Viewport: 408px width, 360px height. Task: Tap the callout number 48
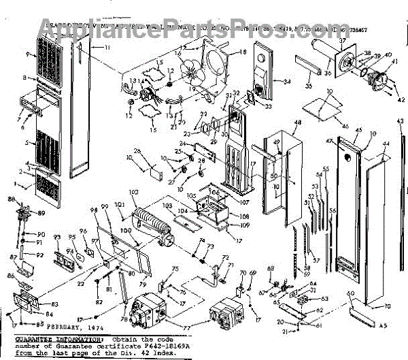pos(297,122)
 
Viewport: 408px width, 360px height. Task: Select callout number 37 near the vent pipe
pos(342,42)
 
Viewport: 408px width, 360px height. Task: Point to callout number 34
pos(287,82)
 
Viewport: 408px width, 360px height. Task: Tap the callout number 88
pos(11,199)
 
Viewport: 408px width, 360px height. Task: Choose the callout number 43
pos(399,120)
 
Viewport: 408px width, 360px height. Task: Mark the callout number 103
pos(167,205)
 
